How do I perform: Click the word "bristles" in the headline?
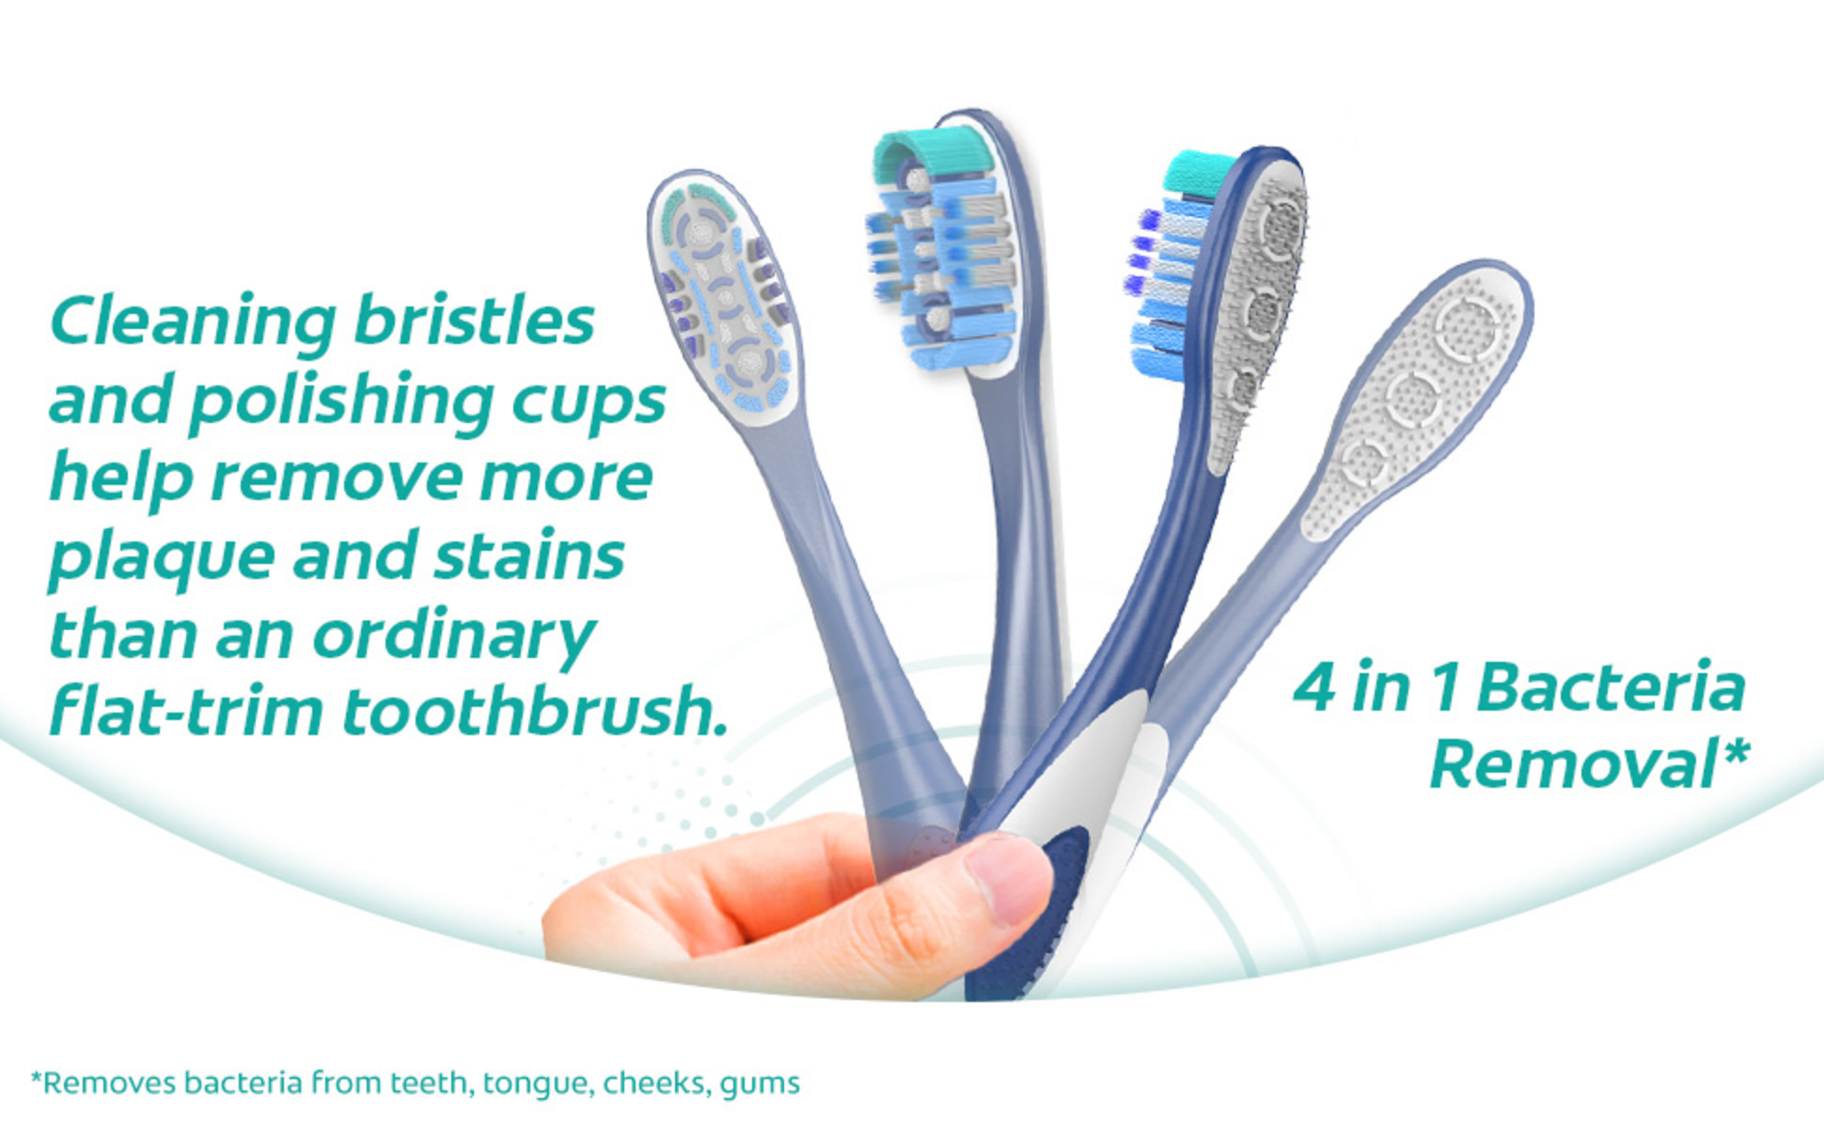[x=474, y=320]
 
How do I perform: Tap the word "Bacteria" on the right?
[x=1612, y=687]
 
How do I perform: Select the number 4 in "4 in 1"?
[x=1313, y=687]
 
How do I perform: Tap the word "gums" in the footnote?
[x=760, y=1086]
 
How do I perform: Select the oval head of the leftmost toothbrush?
[x=725, y=300]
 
